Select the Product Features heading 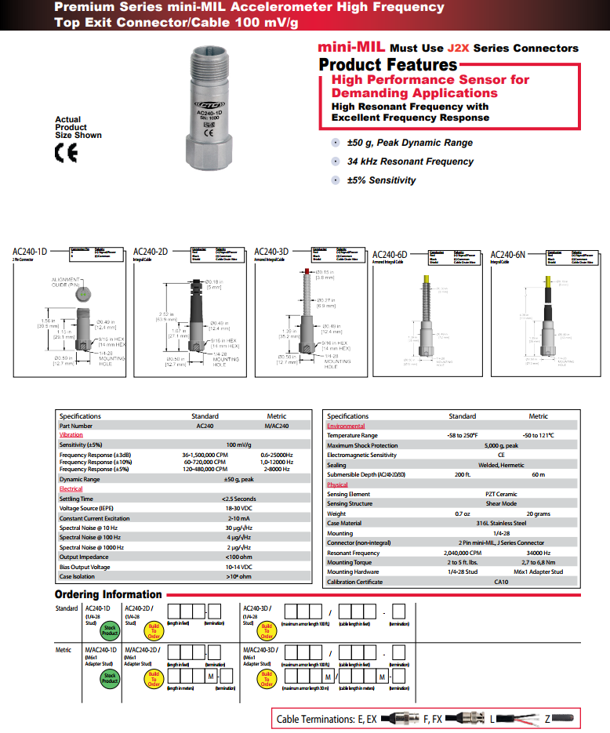[387, 64]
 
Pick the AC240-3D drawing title [271, 252]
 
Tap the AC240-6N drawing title [508, 255]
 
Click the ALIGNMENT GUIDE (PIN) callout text [68, 281]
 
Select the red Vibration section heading [71, 434]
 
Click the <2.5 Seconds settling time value [238, 499]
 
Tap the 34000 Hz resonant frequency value [539, 553]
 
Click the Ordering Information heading [108, 594]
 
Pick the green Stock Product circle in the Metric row [110, 679]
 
